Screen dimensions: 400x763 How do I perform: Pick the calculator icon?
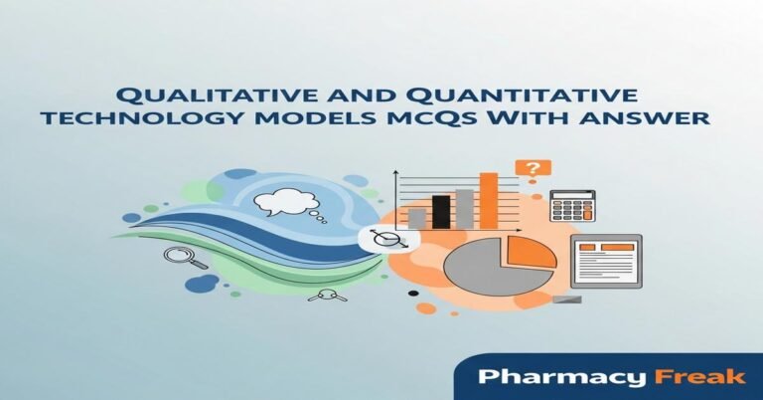coord(571,205)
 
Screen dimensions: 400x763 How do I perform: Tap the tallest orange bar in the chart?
coord(489,200)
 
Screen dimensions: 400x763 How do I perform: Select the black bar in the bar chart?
coord(441,211)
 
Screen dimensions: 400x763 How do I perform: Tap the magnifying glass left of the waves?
coord(183,258)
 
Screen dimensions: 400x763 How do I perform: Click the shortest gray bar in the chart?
coord(418,218)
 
